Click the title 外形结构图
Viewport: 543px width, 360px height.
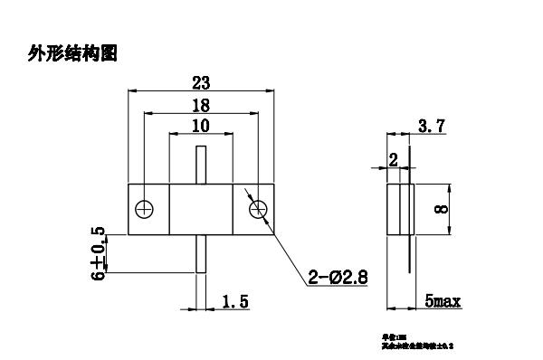click(73, 55)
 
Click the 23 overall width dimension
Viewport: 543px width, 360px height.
click(201, 82)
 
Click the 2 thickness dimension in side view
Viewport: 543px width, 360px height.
click(393, 159)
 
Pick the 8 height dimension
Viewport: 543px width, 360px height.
click(442, 210)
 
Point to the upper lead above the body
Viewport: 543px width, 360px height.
click(202, 164)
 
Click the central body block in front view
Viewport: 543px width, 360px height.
click(202, 210)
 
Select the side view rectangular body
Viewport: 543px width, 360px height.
click(399, 210)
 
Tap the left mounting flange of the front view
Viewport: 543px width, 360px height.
click(146, 210)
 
